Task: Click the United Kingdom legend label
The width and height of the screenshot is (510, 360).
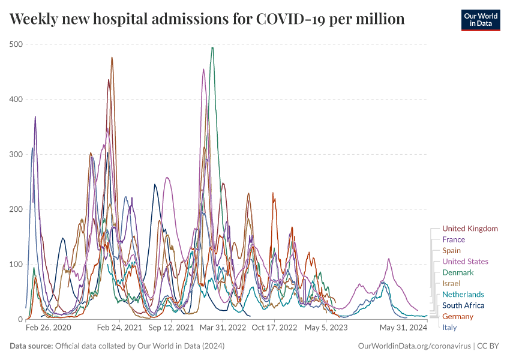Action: (x=470, y=229)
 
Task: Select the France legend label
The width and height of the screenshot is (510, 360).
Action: (x=453, y=239)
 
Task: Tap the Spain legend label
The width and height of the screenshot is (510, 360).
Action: (x=451, y=251)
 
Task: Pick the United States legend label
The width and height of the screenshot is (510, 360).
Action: (x=465, y=262)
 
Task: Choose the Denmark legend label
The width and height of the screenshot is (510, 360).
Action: (x=457, y=272)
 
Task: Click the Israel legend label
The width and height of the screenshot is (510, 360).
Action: (x=451, y=283)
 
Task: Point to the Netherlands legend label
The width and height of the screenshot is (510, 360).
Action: (x=463, y=295)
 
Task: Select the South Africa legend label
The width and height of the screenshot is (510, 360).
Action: (x=463, y=305)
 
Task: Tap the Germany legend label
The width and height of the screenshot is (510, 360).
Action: (x=458, y=316)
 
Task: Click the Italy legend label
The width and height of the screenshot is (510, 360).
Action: (x=449, y=327)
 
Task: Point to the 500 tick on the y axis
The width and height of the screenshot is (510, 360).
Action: (x=16, y=44)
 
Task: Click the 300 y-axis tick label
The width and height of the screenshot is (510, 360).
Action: (x=16, y=154)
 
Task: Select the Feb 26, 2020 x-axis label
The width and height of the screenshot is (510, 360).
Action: (x=49, y=328)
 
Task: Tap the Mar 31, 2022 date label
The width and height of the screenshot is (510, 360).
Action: (x=222, y=328)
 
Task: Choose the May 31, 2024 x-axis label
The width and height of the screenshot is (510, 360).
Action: (x=403, y=328)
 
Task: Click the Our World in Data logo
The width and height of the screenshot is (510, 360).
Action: (x=481, y=20)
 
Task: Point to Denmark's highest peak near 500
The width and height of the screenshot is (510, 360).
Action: (x=212, y=47)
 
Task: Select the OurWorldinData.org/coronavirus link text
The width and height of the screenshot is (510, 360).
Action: (x=413, y=346)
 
